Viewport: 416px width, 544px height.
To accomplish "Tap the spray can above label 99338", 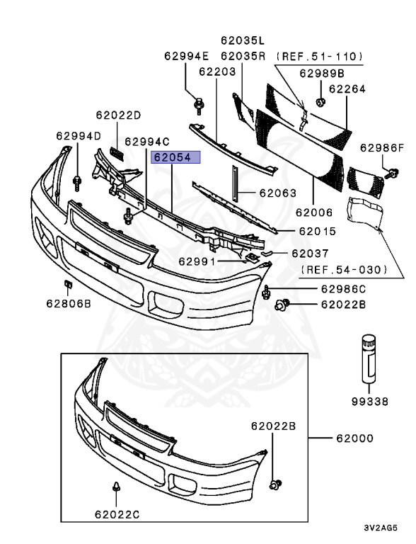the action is point(369,358).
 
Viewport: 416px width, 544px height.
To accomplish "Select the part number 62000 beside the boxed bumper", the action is point(354,438).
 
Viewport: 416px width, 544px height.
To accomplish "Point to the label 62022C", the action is point(117,514).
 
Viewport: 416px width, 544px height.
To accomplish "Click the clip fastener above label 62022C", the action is point(116,487).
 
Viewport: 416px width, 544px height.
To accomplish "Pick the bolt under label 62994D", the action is point(77,183).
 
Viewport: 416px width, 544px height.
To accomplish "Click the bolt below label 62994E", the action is point(199,106).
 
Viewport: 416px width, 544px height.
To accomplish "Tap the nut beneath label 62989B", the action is point(321,102).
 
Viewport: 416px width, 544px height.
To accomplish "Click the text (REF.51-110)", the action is point(319,57).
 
